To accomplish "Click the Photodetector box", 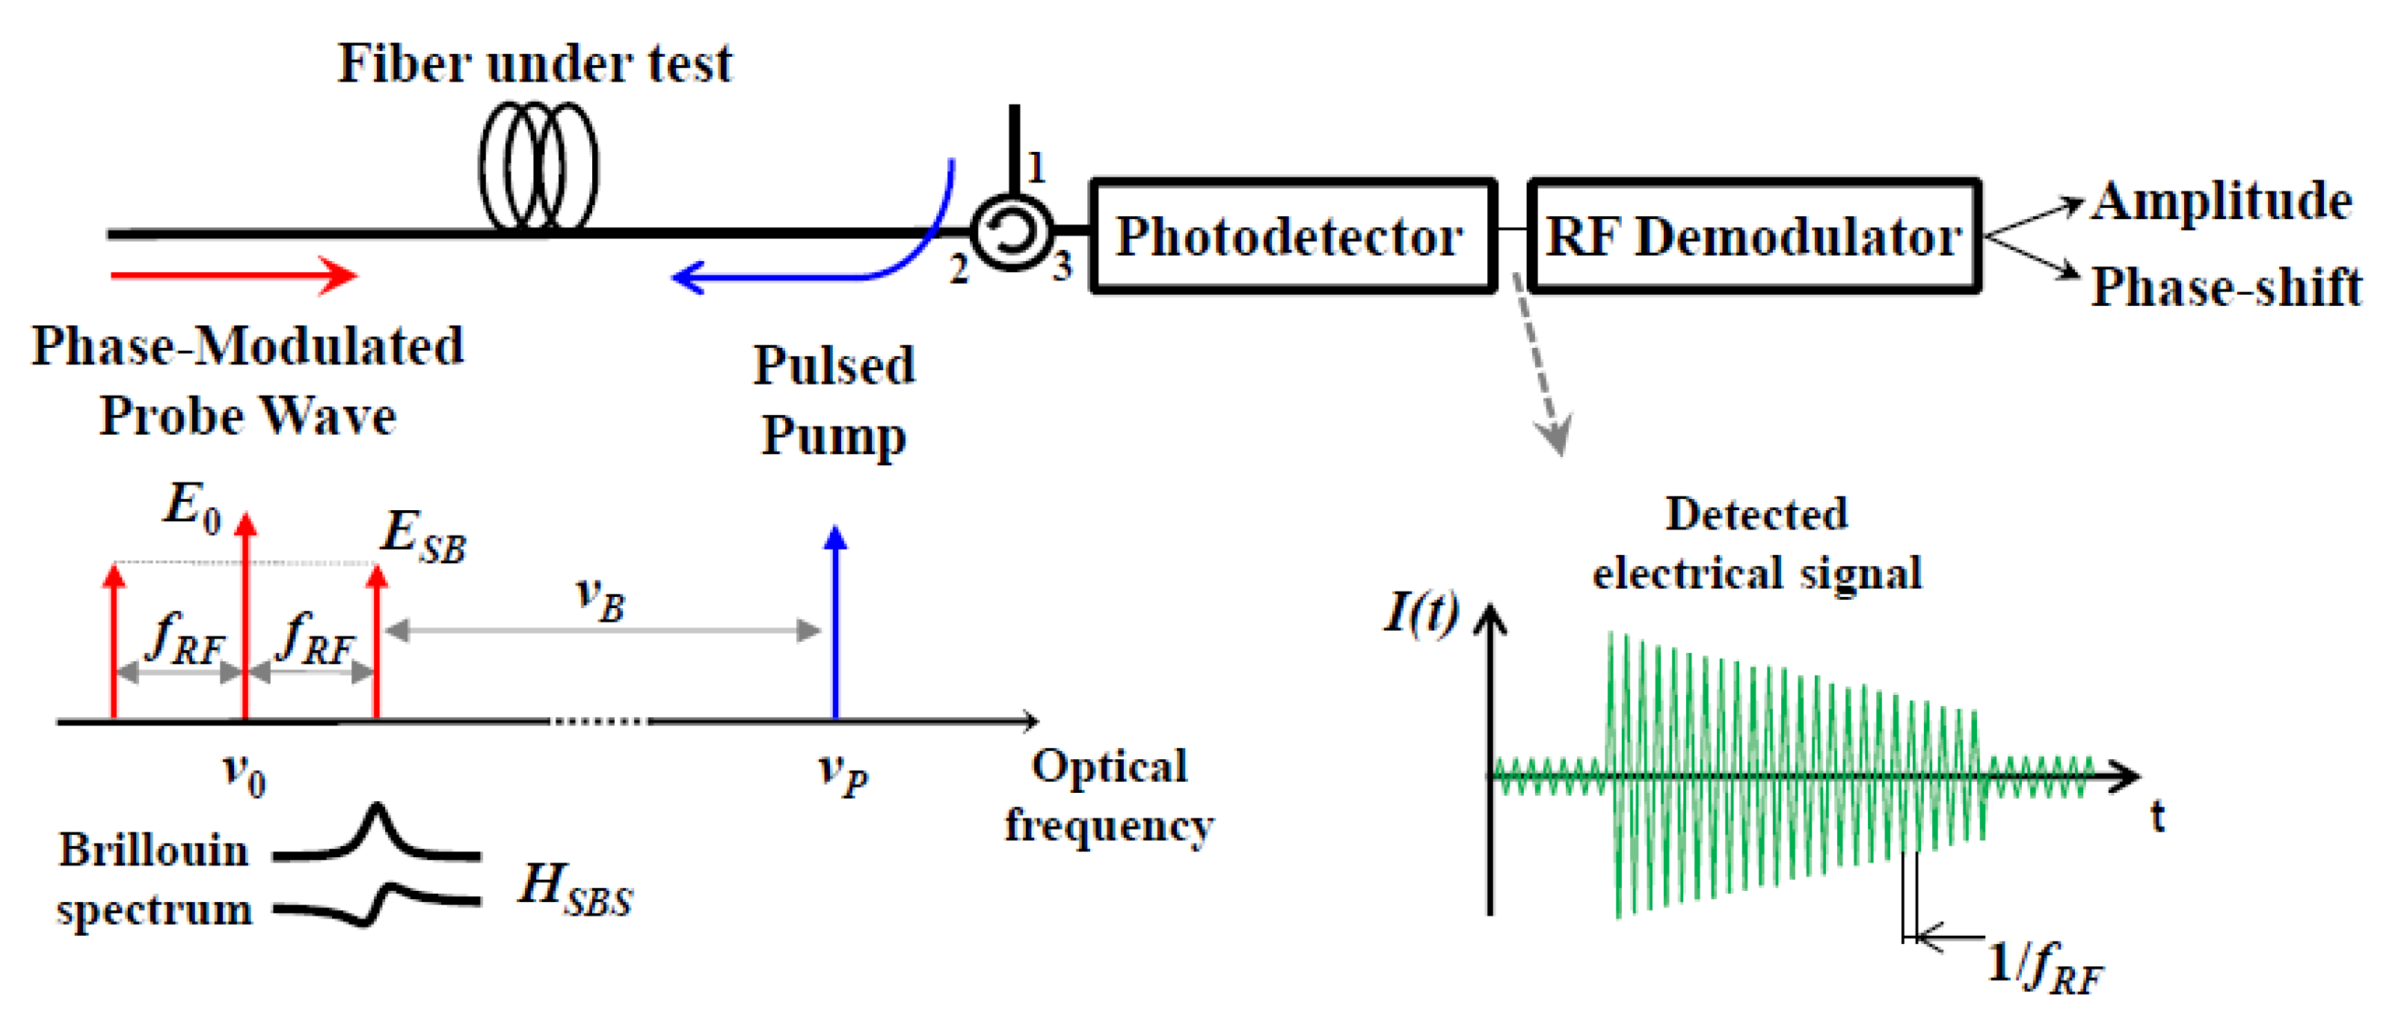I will (1292, 236).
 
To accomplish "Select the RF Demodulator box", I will (1753, 236).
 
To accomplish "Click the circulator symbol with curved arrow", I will (1012, 232).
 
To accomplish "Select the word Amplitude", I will (2221, 201).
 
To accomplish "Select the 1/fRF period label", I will (2044, 969).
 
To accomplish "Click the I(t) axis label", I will (1421, 613).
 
